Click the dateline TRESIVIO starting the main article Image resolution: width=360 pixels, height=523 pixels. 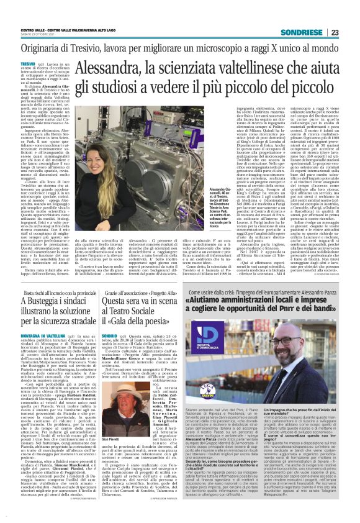click(27, 64)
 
